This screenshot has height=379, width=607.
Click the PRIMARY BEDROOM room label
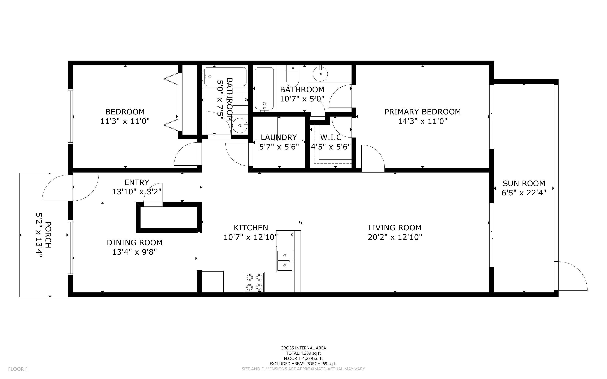click(422, 112)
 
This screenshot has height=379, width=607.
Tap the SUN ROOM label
click(524, 183)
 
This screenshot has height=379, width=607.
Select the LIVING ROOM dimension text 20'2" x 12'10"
click(395, 237)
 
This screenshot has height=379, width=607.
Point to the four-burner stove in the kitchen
click(254, 282)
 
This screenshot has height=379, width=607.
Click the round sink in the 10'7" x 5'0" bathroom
click(320, 74)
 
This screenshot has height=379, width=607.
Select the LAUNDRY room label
click(279, 137)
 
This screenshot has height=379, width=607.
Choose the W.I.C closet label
click(331, 137)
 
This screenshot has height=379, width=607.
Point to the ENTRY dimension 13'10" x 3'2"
click(137, 192)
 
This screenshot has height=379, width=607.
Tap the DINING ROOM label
click(135, 243)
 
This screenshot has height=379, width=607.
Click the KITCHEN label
click(251, 228)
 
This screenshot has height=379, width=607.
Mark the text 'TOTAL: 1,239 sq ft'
click(303, 353)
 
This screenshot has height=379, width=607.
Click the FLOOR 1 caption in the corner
click(18, 369)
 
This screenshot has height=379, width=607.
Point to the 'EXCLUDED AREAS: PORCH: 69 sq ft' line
click(303, 364)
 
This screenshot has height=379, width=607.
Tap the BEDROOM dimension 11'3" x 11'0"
click(125, 121)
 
